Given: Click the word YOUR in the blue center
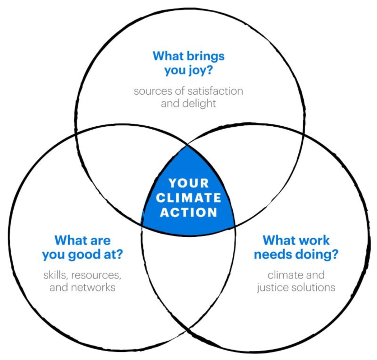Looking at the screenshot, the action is coord(188,183).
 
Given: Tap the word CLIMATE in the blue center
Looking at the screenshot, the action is coord(188,198).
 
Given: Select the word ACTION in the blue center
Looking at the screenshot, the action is coord(188,212).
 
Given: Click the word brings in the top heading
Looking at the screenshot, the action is coord(206,57).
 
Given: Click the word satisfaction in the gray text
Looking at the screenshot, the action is coord(215,91).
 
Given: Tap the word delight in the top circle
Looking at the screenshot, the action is coord(199,104).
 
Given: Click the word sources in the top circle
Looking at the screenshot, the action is coord(153,91).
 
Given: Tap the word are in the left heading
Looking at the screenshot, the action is coord(101,241).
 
